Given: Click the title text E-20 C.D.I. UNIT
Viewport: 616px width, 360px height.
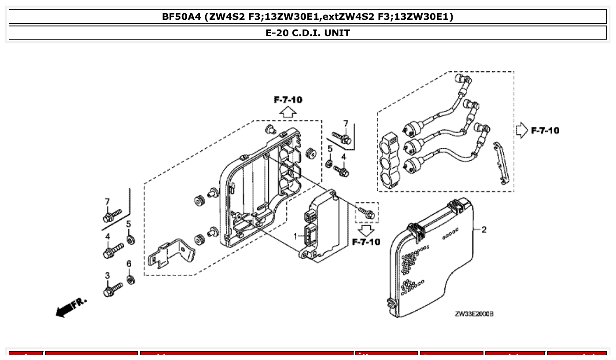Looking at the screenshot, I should (x=308, y=33).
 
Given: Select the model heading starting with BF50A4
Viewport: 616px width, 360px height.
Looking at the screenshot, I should (x=308, y=17).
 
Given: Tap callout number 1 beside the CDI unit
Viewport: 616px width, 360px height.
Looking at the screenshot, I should (x=295, y=236).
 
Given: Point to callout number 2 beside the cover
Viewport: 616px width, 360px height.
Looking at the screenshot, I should (x=484, y=229).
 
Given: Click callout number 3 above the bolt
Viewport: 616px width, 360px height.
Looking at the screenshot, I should (x=107, y=276).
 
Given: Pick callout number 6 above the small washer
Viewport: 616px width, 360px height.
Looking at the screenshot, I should (x=129, y=264).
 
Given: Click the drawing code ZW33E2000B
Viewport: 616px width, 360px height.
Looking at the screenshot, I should (x=474, y=314).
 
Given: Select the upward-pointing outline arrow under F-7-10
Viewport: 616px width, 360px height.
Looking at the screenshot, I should (x=288, y=112).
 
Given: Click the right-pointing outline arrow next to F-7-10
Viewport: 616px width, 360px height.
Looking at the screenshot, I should (x=521, y=131).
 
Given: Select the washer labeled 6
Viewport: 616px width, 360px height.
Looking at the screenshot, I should (x=131, y=279).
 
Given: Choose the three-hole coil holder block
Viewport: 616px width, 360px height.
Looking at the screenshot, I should (x=390, y=160).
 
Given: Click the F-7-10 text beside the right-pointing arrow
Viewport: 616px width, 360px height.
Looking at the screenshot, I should (x=545, y=131).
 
